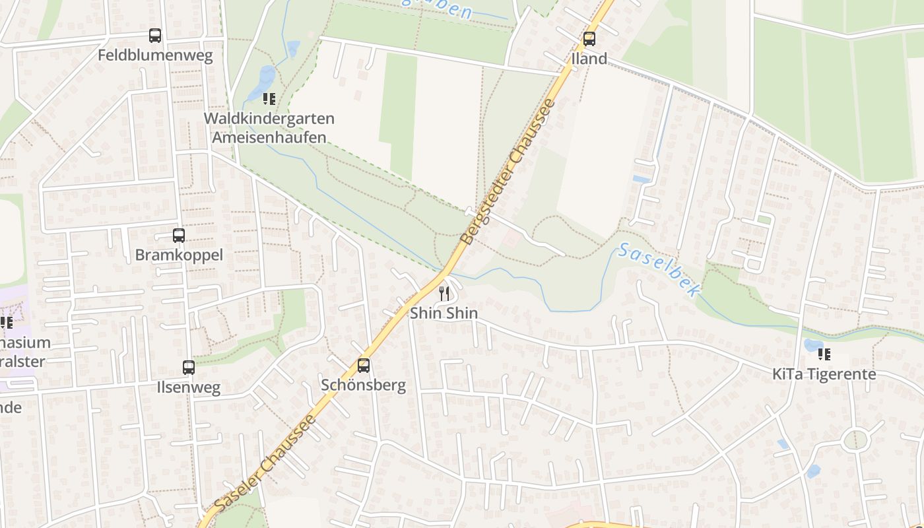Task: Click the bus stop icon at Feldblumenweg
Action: pyautogui.click(x=155, y=36)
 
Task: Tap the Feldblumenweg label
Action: pyautogui.click(x=155, y=55)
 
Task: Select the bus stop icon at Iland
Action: pyautogui.click(x=589, y=39)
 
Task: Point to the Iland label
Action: pyautogui.click(x=589, y=59)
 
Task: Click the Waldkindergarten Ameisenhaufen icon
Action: pyautogui.click(x=269, y=99)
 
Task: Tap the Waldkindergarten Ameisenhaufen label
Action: pyautogui.click(x=269, y=128)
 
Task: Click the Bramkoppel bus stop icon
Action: pyautogui.click(x=179, y=235)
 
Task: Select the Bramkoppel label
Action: pyautogui.click(x=179, y=255)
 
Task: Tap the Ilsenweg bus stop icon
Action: pyautogui.click(x=189, y=367)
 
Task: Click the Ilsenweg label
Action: pyautogui.click(x=189, y=387)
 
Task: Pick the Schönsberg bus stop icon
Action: pyautogui.click(x=363, y=365)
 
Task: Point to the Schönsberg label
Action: pyautogui.click(x=363, y=385)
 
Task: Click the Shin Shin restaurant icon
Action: pyautogui.click(x=444, y=294)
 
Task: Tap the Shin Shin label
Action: pyautogui.click(x=444, y=313)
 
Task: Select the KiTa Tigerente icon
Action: pyautogui.click(x=824, y=354)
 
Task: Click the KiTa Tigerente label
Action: pyautogui.click(x=824, y=374)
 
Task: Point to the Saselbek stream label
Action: pyautogui.click(x=658, y=270)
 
